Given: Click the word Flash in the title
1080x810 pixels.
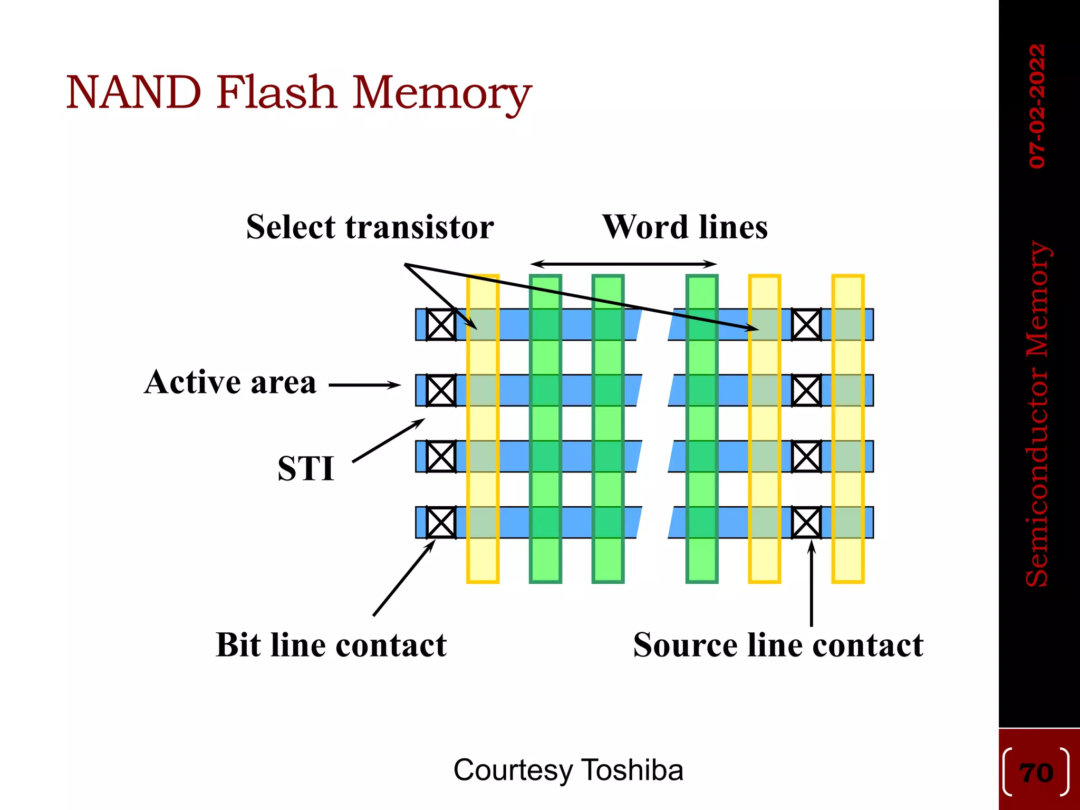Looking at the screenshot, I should click(276, 93).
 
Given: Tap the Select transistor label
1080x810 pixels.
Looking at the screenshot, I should click(370, 227).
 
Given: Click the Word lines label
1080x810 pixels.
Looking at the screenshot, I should click(684, 227).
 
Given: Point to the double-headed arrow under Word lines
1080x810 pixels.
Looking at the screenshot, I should click(623, 264).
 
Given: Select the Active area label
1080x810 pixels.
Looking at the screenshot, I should click(230, 382).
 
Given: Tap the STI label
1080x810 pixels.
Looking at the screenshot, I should click(306, 468).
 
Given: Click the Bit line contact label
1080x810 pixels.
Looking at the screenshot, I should click(331, 645).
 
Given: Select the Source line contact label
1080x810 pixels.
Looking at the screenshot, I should click(778, 645).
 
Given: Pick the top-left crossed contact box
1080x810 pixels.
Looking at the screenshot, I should click(441, 324).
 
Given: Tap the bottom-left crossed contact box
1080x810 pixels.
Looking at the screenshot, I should click(441, 522).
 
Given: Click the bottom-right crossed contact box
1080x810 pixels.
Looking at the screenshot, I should click(806, 522).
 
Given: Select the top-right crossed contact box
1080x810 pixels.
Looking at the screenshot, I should click(806, 324).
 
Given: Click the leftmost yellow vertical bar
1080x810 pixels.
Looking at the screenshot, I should click(483, 559).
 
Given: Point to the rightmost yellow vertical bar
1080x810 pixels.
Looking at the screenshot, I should click(847, 559).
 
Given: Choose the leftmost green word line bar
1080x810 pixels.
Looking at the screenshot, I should click(545, 559).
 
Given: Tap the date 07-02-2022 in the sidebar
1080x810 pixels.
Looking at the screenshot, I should click(1037, 106).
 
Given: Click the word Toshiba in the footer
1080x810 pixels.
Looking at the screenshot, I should click(633, 770).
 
